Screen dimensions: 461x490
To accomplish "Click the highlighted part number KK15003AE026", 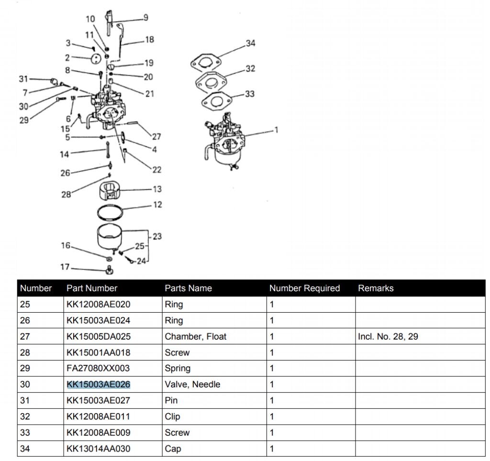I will (99, 384).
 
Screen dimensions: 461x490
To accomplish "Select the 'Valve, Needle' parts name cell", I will (192, 384).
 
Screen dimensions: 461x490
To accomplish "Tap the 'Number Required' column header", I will (304, 288).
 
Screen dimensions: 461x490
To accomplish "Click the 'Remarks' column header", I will (376, 288).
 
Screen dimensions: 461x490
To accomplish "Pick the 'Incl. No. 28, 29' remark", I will (388, 337).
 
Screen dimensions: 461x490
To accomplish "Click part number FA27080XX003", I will (98, 369).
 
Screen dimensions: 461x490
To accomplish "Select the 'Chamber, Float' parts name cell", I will (195, 337).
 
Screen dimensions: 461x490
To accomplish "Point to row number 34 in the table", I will (24, 449).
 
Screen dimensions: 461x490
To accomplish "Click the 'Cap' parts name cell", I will (173, 449).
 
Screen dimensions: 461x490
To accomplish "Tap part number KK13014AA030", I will (98, 449).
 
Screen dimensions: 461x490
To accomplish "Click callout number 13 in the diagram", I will (157, 189).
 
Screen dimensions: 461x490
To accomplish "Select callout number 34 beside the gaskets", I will (250, 43).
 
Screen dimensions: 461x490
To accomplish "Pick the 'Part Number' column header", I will (91, 288).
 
